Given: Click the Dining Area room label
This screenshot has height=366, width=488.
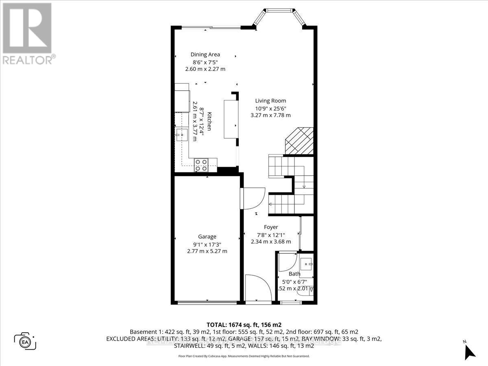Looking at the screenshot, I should pyautogui.click(x=205, y=54).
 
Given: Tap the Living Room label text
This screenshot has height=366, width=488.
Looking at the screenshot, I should pyautogui.click(x=270, y=101).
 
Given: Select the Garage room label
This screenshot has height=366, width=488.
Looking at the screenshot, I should pyautogui.click(x=207, y=237).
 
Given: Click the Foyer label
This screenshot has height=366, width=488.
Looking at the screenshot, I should pyautogui.click(x=270, y=227).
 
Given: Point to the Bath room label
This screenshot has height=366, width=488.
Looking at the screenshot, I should pyautogui.click(x=294, y=274).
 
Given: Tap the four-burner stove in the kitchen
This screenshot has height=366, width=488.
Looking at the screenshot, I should pyautogui.click(x=200, y=165).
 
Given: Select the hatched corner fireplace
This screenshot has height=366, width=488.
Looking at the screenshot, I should pyautogui.click(x=299, y=141).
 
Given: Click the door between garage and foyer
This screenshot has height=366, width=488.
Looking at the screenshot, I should pyautogui.click(x=252, y=198).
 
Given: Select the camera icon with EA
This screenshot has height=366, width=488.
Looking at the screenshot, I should pyautogui.click(x=25, y=340).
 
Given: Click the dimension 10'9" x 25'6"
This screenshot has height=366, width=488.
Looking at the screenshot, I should pyautogui.click(x=270, y=108).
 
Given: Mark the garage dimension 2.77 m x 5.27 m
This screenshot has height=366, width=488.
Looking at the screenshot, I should pyautogui.click(x=207, y=251).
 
